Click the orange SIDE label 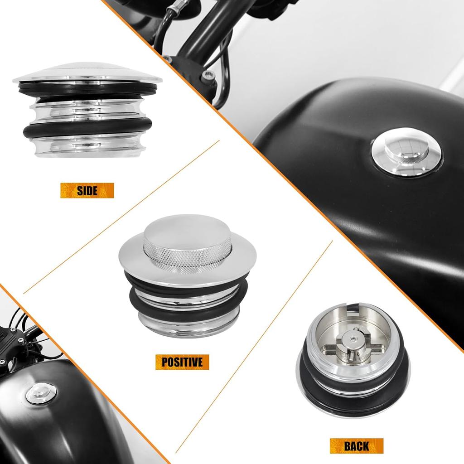(x=87, y=190)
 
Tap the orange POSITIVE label (x=182, y=362)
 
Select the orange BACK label (x=356, y=445)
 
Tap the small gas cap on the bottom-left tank (x=41, y=393)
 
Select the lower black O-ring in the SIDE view (x=86, y=131)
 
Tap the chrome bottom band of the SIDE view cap (x=86, y=147)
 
